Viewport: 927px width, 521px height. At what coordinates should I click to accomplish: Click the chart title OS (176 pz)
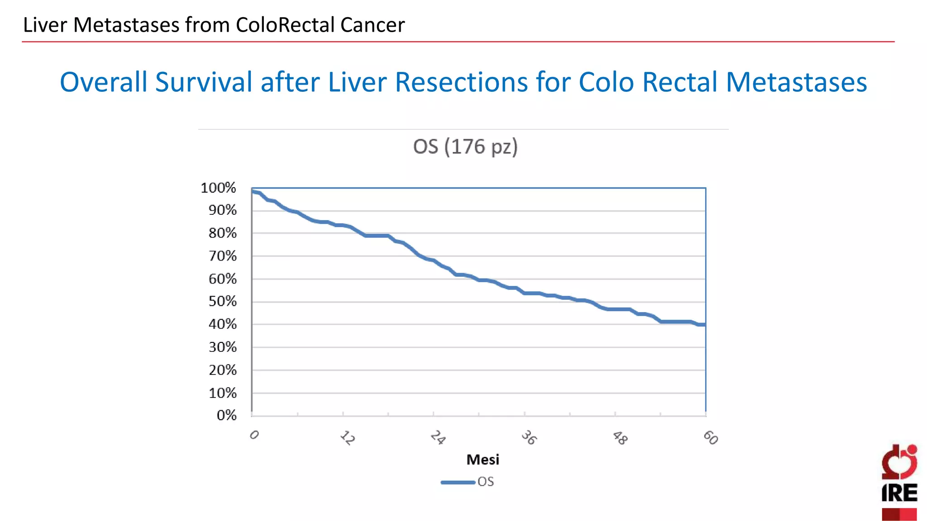click(465, 147)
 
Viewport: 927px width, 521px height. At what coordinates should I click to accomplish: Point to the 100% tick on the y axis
click(219, 188)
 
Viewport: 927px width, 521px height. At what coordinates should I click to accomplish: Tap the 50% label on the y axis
click(223, 301)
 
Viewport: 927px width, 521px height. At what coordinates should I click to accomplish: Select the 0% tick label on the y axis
click(226, 415)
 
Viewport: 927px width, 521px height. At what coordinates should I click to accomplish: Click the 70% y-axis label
click(223, 256)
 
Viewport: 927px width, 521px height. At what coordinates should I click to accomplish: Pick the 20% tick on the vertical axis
click(223, 370)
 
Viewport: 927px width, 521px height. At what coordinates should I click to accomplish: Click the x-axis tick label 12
click(347, 438)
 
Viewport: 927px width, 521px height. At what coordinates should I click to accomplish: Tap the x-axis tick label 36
click(529, 438)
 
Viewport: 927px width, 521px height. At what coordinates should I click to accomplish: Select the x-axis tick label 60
click(710, 438)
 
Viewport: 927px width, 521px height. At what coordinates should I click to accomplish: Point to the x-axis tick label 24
click(438, 438)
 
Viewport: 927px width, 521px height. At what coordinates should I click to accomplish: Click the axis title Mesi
click(483, 460)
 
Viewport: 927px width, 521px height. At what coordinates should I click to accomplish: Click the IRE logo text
click(899, 493)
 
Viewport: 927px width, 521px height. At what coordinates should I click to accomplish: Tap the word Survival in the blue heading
click(204, 82)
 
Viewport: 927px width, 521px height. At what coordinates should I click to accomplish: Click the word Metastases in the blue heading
click(796, 82)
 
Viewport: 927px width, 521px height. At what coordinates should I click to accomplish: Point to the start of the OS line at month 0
click(253, 191)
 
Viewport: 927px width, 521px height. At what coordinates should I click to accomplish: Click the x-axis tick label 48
click(620, 438)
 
